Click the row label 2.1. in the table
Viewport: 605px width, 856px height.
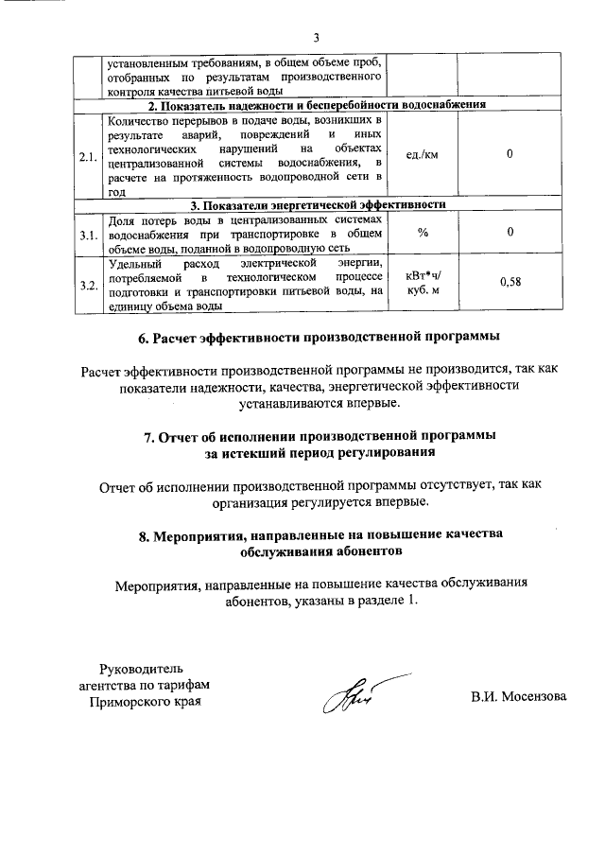[89, 156]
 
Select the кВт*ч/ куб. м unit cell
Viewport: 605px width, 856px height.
[423, 284]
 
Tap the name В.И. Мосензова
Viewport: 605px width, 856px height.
[519, 697]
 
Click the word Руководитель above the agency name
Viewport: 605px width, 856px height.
[143, 668]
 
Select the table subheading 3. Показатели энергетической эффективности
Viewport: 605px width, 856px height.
[318, 204]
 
